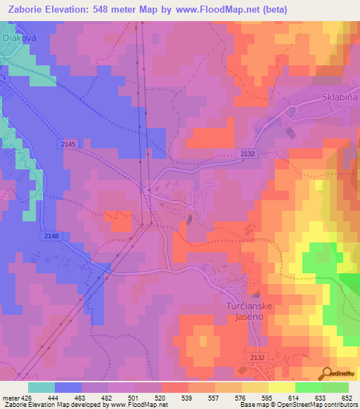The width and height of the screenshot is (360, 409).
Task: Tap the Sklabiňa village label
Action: [x=338, y=98]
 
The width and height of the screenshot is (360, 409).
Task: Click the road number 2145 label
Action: [x=68, y=143]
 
